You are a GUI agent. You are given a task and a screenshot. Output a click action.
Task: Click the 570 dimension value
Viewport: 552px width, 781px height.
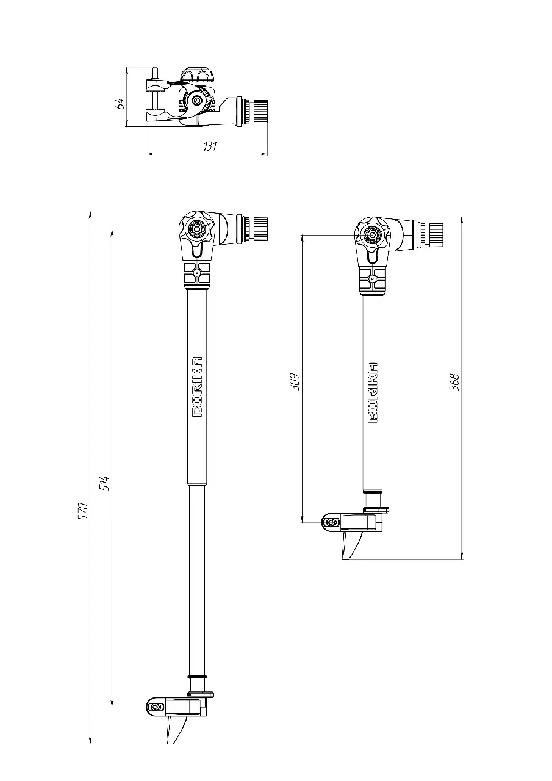(84, 511)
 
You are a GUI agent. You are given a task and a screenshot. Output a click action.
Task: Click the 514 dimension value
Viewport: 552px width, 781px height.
(106, 483)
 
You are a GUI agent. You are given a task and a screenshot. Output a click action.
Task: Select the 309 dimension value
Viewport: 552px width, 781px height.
(295, 383)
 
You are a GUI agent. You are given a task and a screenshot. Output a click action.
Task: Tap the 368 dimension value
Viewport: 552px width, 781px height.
(454, 382)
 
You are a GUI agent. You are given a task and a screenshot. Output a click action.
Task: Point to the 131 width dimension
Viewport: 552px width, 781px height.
(210, 146)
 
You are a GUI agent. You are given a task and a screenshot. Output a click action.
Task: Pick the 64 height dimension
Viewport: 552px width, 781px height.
(120, 104)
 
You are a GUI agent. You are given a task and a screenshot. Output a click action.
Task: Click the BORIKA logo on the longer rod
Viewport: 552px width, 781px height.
(198, 387)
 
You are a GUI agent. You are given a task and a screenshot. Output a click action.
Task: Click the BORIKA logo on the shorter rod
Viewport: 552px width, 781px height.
(373, 392)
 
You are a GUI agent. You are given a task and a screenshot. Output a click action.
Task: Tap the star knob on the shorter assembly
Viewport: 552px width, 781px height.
(372, 235)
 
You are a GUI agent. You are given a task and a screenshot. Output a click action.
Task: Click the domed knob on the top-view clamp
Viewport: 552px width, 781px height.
(195, 74)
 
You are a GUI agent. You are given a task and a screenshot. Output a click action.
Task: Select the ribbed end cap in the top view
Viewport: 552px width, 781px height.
(260, 110)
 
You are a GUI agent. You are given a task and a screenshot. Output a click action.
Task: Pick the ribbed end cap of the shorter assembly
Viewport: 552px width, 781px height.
(436, 235)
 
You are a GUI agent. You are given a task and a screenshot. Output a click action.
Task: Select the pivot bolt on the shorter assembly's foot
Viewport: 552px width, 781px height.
(331, 522)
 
